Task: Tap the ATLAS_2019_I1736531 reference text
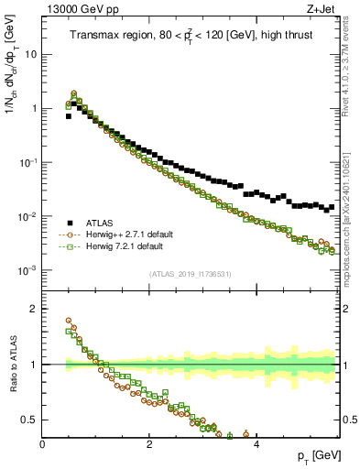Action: tap(191, 274)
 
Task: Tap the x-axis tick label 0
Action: tap(42, 444)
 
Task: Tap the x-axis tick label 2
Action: tap(149, 444)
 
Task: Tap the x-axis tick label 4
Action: tap(256, 444)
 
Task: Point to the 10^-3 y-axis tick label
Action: tap(27, 271)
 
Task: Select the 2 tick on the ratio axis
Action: tap(33, 308)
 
